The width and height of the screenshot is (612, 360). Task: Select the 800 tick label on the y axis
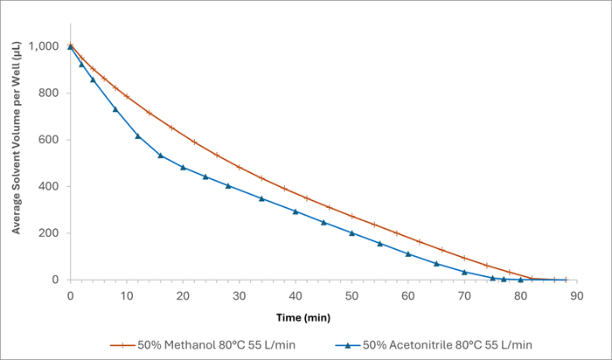[50, 93]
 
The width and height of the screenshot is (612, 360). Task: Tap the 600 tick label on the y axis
[50, 140]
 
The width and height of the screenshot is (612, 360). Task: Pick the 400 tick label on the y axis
[50, 187]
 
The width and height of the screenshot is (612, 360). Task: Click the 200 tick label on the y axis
[50, 233]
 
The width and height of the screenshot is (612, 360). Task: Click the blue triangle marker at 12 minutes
[137, 135]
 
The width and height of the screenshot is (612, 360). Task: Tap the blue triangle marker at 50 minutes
[351, 232]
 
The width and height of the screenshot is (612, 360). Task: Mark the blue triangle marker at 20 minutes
[183, 167]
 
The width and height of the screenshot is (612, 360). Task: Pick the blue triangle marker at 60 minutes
[408, 253]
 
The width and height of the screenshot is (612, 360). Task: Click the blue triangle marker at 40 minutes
[296, 211]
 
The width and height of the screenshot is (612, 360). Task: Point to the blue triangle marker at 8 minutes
[115, 108]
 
